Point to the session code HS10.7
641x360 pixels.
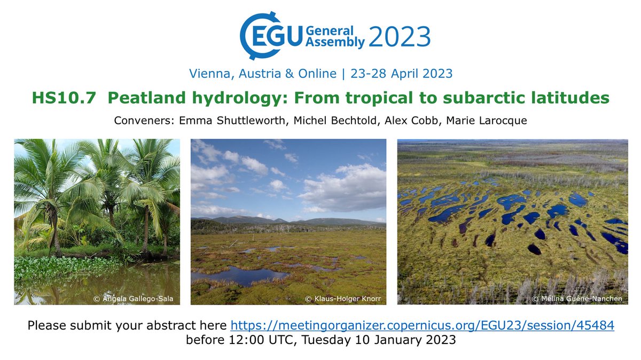(58, 99)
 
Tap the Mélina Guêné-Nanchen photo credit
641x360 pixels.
(577, 299)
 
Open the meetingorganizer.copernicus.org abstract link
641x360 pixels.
(422, 325)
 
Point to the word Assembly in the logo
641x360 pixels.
(335, 43)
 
